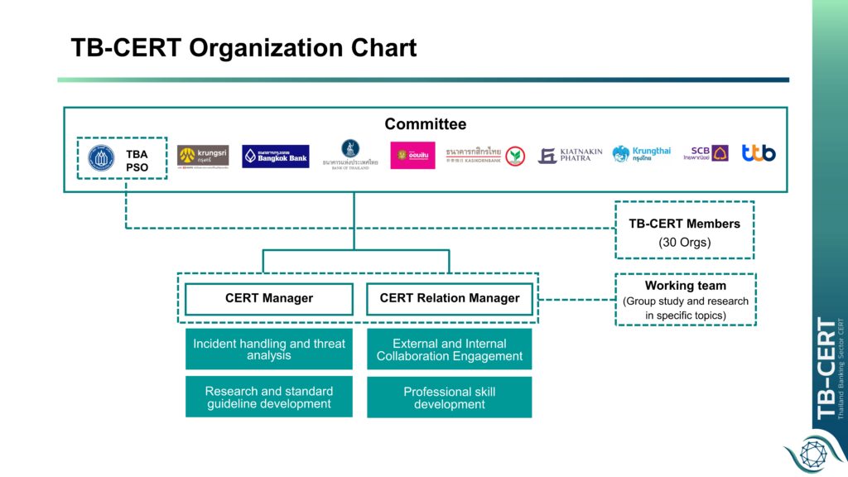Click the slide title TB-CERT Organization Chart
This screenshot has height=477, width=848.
pos(243,47)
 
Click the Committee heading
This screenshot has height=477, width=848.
pos(425,124)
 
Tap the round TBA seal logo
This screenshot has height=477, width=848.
pos(102,157)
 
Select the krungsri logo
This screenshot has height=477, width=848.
pos(203,156)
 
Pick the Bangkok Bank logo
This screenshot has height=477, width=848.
pos(276,157)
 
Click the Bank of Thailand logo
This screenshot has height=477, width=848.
pos(350,154)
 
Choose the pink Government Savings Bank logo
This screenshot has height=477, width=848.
pos(412,156)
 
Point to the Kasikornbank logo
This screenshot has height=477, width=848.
pos(484,155)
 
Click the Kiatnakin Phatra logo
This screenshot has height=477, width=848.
pos(570,156)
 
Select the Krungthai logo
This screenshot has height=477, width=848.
pos(642,154)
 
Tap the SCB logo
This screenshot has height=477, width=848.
pos(706,154)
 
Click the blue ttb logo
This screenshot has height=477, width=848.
pos(758,153)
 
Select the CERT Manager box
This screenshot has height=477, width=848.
pos(269,298)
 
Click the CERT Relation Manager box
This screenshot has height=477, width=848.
pos(450,298)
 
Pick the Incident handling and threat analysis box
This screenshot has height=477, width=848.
pos(269,349)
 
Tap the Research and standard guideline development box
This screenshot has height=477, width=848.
pos(269,397)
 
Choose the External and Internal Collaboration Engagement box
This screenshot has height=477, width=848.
pos(450,349)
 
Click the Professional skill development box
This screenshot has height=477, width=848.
pos(450,397)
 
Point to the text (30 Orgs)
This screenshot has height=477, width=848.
pos(684,243)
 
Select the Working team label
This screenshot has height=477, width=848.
pos(685,286)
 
